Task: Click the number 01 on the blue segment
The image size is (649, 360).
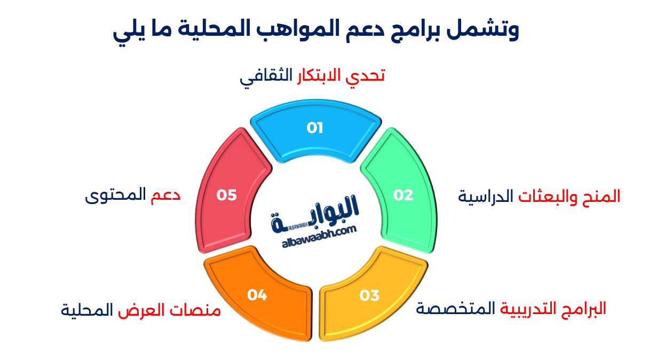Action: tap(315, 128)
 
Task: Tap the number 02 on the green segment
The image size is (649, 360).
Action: tap(403, 195)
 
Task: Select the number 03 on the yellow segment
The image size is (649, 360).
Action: tap(369, 295)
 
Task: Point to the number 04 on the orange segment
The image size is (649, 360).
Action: tap(257, 295)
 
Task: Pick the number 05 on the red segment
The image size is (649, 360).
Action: tap(226, 195)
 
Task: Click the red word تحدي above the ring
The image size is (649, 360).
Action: tap(368, 76)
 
